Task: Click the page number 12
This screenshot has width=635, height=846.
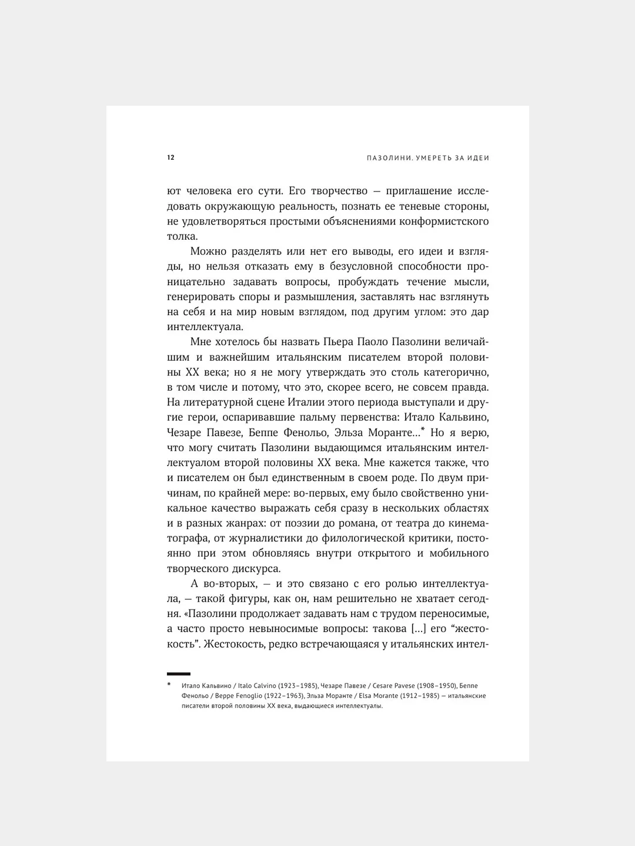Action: pyautogui.click(x=171, y=157)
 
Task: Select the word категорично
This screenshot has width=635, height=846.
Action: pyautogui.click(x=453, y=372)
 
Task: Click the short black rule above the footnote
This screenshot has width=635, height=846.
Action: pyautogui.click(x=179, y=673)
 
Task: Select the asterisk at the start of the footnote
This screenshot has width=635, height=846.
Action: pyautogui.click(x=169, y=685)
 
